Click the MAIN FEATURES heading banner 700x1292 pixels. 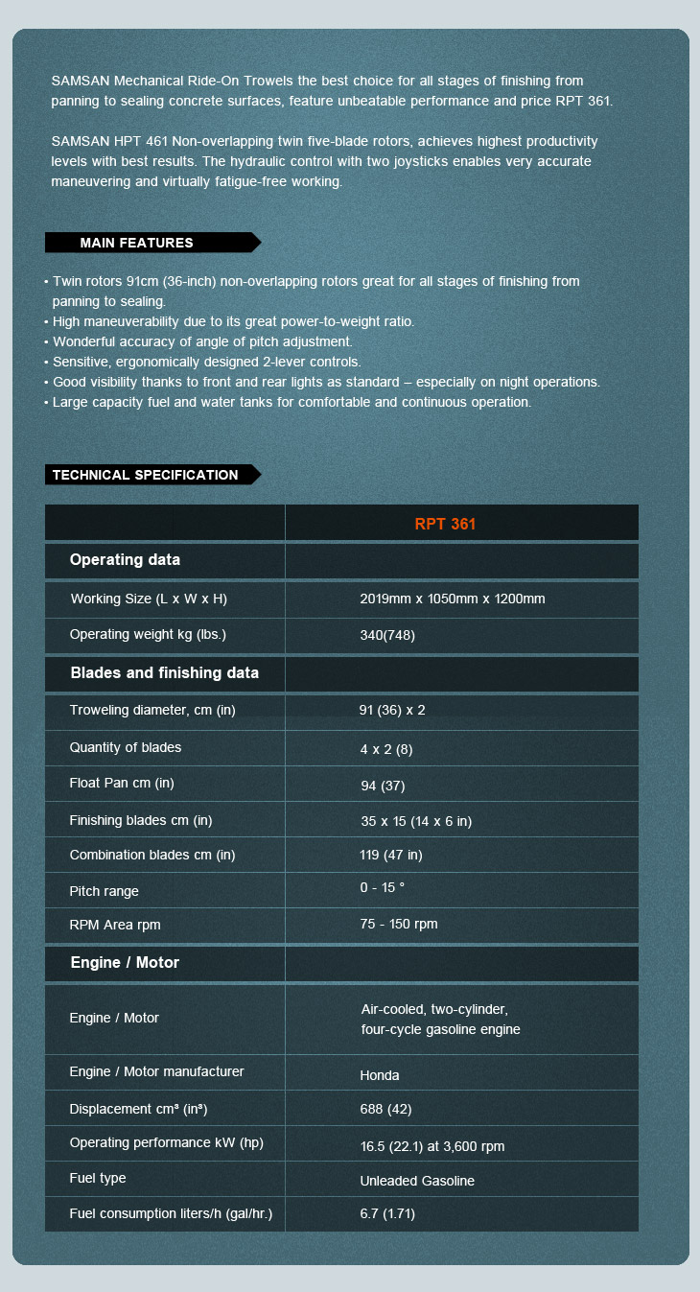coord(137,243)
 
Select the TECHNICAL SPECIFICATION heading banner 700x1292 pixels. coord(146,475)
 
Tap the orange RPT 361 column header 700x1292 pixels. coord(445,524)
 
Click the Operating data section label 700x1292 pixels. coord(125,560)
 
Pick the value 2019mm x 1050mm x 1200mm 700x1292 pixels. coord(453,599)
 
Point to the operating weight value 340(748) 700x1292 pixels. coord(387,635)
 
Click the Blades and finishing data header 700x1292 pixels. coord(164,673)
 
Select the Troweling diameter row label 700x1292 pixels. coord(152,710)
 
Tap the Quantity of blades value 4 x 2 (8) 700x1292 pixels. coord(386,748)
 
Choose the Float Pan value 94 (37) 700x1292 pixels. coord(383,786)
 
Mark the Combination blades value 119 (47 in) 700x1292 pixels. coord(390,855)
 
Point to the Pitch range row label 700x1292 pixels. coord(104,891)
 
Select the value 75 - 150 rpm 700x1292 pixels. coord(399,925)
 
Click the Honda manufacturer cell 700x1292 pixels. coord(380,1075)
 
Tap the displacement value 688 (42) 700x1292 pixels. coord(385,1110)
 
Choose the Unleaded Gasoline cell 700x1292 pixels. coord(417,1181)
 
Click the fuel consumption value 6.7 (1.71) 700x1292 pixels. coord(387,1214)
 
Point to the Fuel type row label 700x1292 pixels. coord(98,1178)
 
